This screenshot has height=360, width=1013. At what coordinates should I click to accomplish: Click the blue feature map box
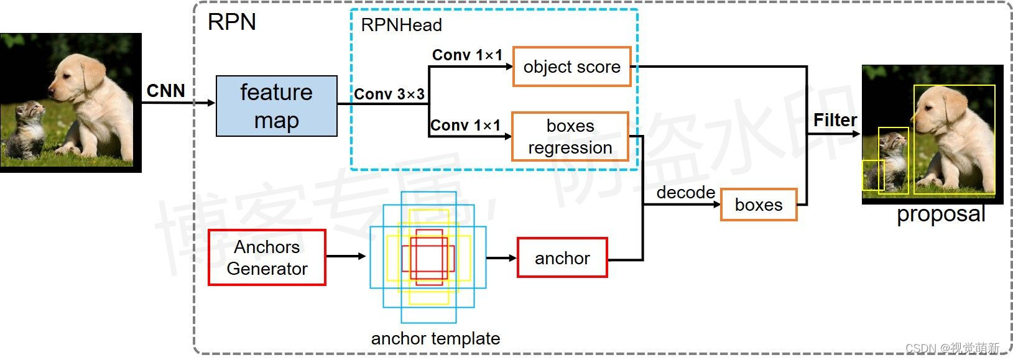coord(276,106)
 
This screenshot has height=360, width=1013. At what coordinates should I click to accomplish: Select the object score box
coord(571,67)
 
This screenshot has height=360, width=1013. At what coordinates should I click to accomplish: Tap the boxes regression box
coord(570,136)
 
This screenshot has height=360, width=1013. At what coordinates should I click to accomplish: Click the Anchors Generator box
coord(267,257)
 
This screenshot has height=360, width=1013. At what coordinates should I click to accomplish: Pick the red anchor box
coord(562,257)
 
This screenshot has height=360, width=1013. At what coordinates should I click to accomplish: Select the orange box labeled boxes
coord(759,205)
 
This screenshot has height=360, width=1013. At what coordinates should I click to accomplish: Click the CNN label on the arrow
coord(165,91)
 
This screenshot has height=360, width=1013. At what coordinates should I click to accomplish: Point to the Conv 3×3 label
coord(389,94)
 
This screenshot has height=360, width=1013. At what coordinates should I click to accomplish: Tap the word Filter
coord(835,120)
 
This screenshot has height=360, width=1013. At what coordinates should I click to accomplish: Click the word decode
coord(685,192)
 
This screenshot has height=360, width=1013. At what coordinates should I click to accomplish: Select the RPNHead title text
coord(401,25)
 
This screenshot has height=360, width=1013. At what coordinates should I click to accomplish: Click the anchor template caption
coord(435,338)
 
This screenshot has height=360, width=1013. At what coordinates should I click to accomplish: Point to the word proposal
coord(940,214)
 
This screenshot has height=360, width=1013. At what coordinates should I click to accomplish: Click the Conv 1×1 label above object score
coord(467,55)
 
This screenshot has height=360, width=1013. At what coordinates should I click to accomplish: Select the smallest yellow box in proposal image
coord(872,175)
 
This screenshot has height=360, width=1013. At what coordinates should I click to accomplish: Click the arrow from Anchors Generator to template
coord(346,256)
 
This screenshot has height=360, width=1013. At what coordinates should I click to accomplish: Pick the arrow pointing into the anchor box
coord(501,258)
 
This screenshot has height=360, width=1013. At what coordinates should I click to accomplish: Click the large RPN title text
coord(231,22)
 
